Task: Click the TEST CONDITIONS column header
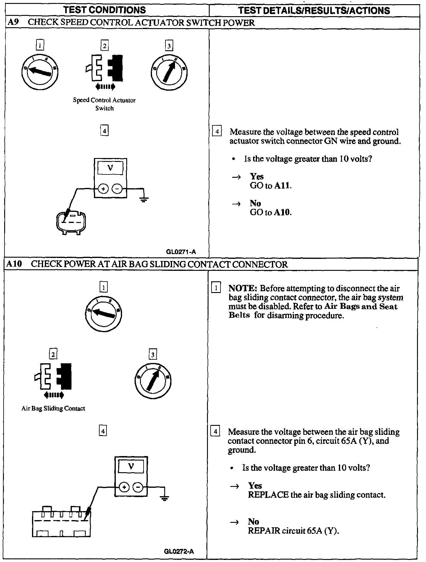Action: coord(104,10)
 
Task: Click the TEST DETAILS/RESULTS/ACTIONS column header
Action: coord(314,11)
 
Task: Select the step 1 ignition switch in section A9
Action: coord(40,71)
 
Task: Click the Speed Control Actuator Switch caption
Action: coord(104,104)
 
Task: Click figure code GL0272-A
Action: coord(179,551)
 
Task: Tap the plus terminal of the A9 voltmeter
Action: coord(104,189)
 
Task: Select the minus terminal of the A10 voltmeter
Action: coord(138,487)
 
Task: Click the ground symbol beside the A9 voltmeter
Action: coord(144,199)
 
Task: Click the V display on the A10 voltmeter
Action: coord(131,467)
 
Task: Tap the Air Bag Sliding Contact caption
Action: coord(53,408)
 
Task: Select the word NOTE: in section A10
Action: coord(243,288)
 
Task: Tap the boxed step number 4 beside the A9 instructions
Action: coord(217,132)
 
